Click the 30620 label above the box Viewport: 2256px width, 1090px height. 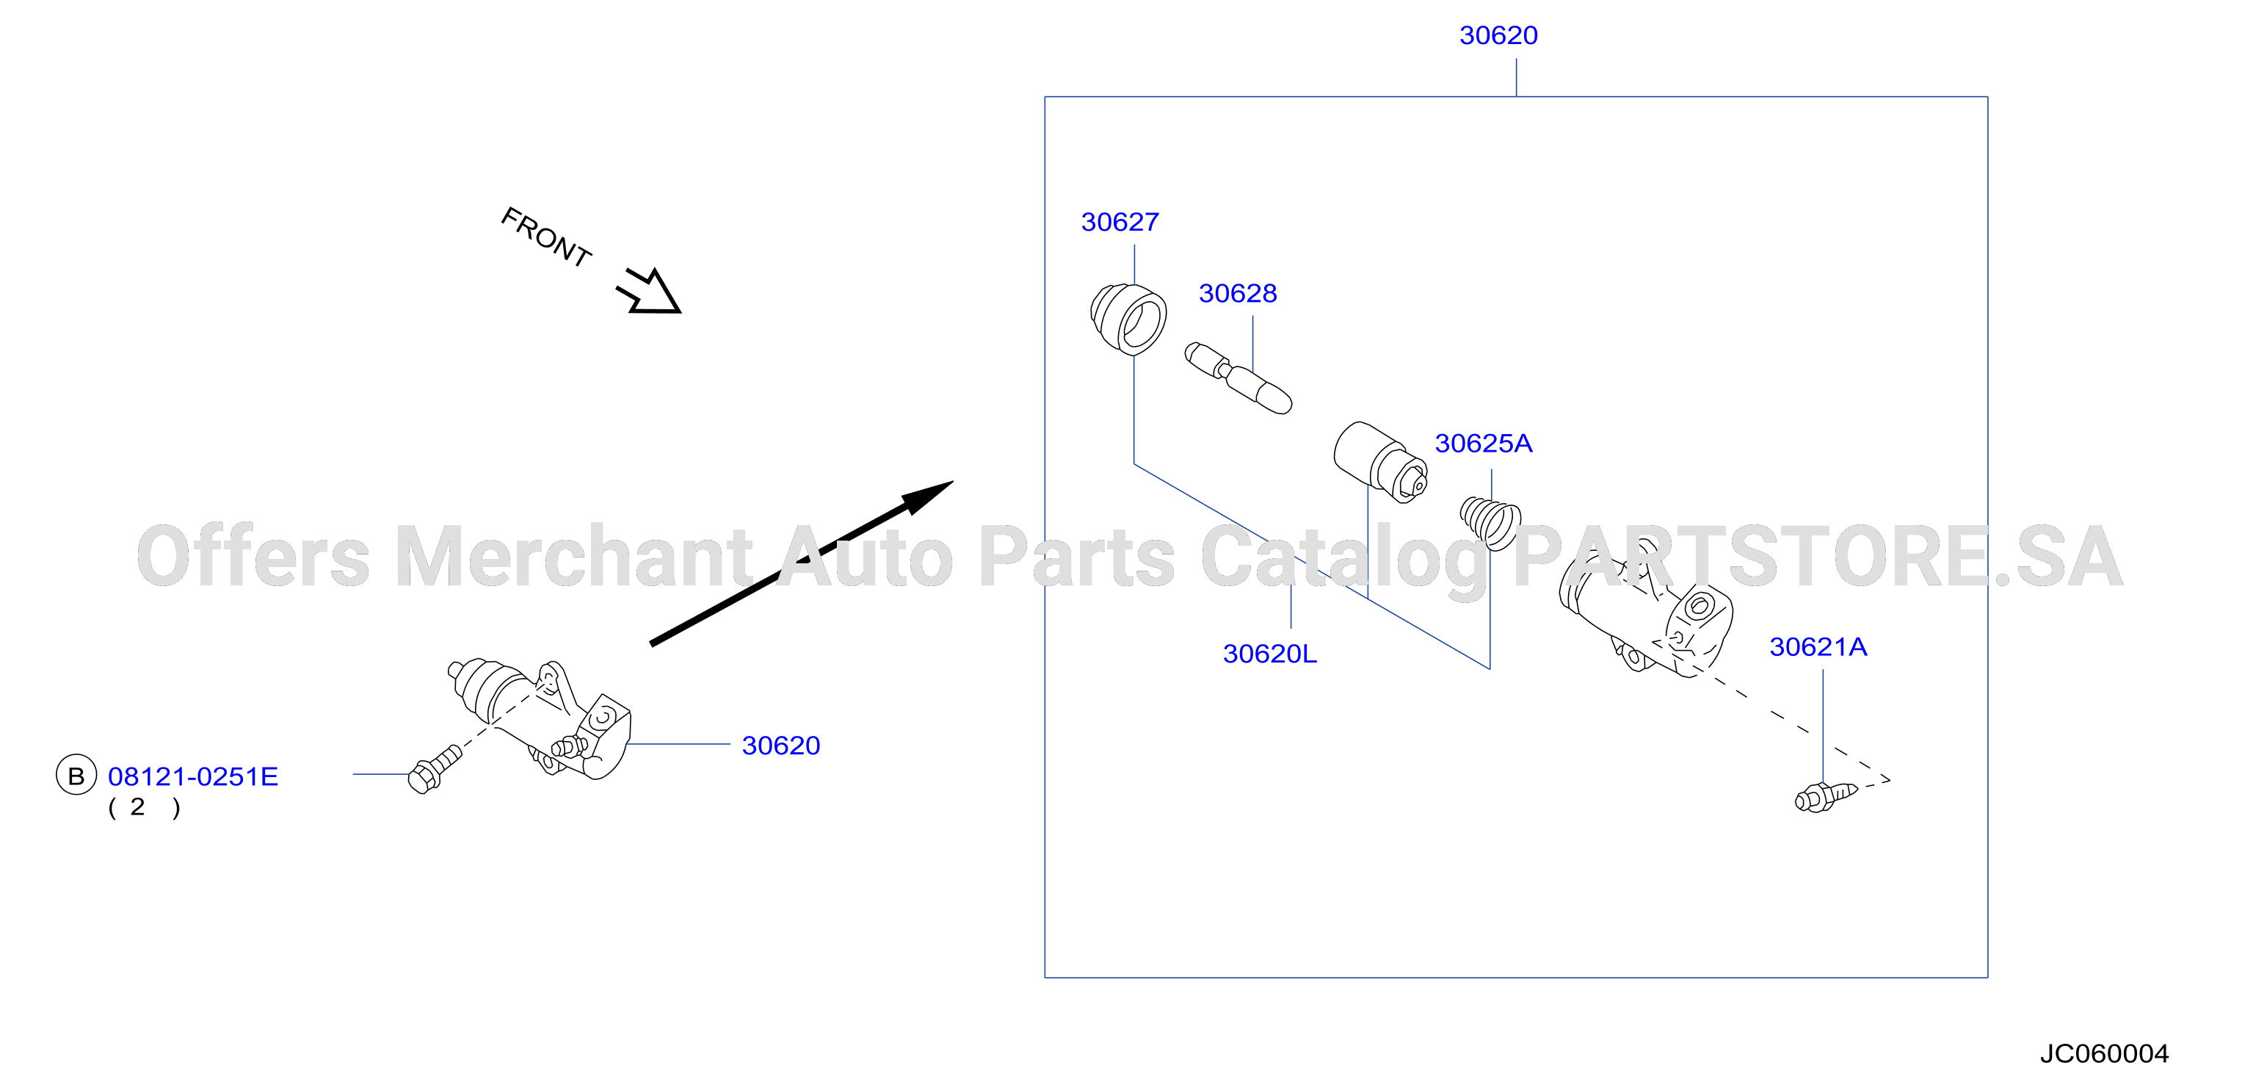click(1498, 36)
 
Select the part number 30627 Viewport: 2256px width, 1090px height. click(1120, 223)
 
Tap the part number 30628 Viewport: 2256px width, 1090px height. click(1238, 294)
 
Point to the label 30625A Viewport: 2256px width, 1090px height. click(1484, 444)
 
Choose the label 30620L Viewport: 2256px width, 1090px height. click(1270, 654)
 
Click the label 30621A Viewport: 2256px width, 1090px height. click(1818, 646)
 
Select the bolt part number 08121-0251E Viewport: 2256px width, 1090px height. click(192, 776)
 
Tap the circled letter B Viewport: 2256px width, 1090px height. click(76, 776)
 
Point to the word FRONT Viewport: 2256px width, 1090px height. click(546, 237)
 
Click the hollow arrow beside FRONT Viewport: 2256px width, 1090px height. click(649, 292)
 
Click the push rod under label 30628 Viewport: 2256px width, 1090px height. click(1238, 378)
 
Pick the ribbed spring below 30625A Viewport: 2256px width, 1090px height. click(1490, 523)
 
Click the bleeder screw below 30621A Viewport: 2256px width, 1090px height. click(1825, 796)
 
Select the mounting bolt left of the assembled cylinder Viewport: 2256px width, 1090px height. click(435, 769)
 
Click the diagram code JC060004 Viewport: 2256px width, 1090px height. click(2103, 1053)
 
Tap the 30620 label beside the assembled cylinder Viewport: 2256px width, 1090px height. click(780, 746)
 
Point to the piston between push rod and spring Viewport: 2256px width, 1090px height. click(1380, 463)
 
